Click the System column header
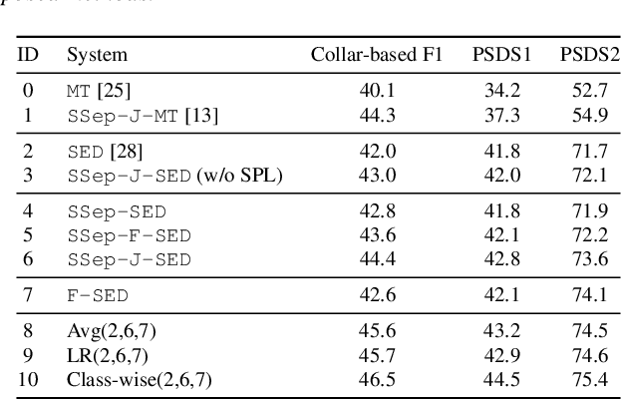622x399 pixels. pos(97,54)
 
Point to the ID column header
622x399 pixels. pos(29,54)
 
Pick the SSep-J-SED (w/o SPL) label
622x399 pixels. pos(174,177)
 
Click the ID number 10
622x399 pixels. pos(29,379)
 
